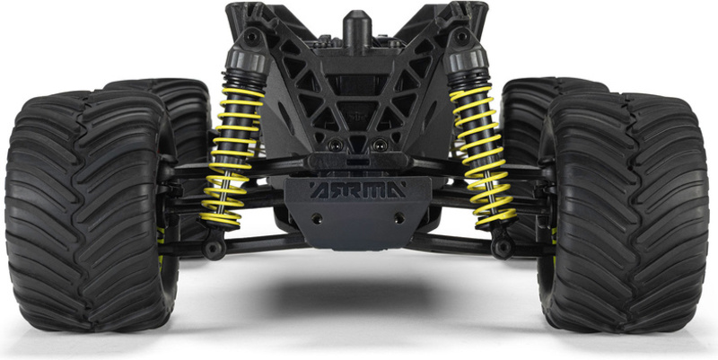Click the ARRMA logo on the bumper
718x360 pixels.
[357, 189]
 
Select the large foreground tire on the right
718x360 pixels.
[624, 213]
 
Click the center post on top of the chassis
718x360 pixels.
[357, 29]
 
